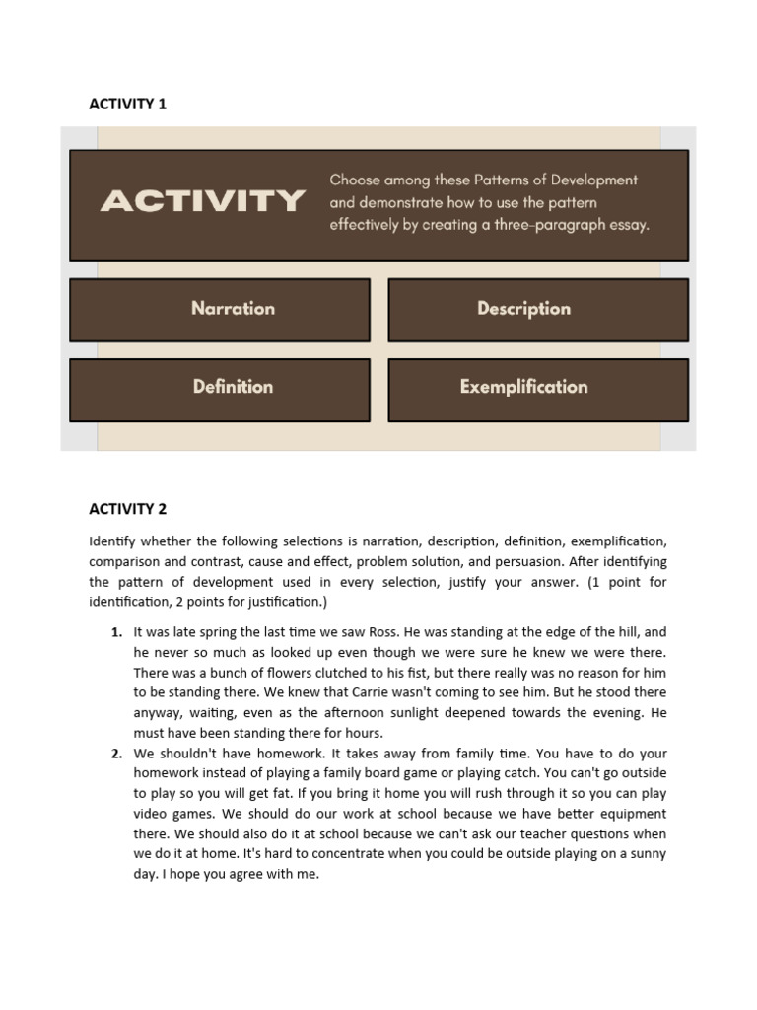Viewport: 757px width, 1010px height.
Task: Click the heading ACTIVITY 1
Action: (127, 104)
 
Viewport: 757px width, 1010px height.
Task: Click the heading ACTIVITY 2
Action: (127, 509)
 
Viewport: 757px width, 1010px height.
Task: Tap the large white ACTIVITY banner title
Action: (202, 202)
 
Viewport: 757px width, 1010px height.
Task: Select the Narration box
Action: (233, 309)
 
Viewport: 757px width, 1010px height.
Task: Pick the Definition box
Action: (233, 387)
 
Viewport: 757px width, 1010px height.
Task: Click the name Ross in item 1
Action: (369, 632)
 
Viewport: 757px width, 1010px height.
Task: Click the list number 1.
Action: (116, 632)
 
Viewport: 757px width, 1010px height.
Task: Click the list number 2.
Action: (116, 755)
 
